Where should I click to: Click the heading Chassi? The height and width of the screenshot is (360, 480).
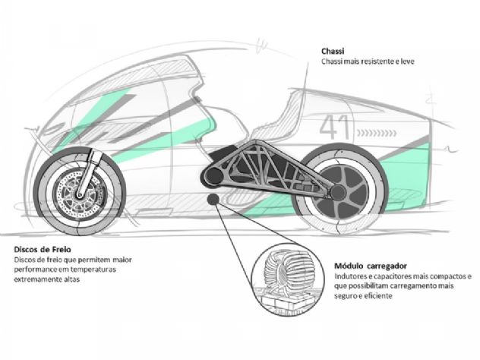click(333, 51)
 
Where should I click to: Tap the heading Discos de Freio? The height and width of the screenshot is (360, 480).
click(43, 249)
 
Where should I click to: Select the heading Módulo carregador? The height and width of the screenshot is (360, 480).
click(371, 266)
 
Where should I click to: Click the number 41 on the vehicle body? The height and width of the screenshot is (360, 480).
click(334, 127)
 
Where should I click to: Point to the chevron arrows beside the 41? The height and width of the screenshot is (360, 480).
click(377, 133)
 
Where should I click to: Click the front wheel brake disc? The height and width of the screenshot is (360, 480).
click(81, 193)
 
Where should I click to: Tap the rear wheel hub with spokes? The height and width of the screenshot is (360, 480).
click(339, 193)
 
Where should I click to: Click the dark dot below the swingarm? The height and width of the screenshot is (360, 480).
click(213, 199)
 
